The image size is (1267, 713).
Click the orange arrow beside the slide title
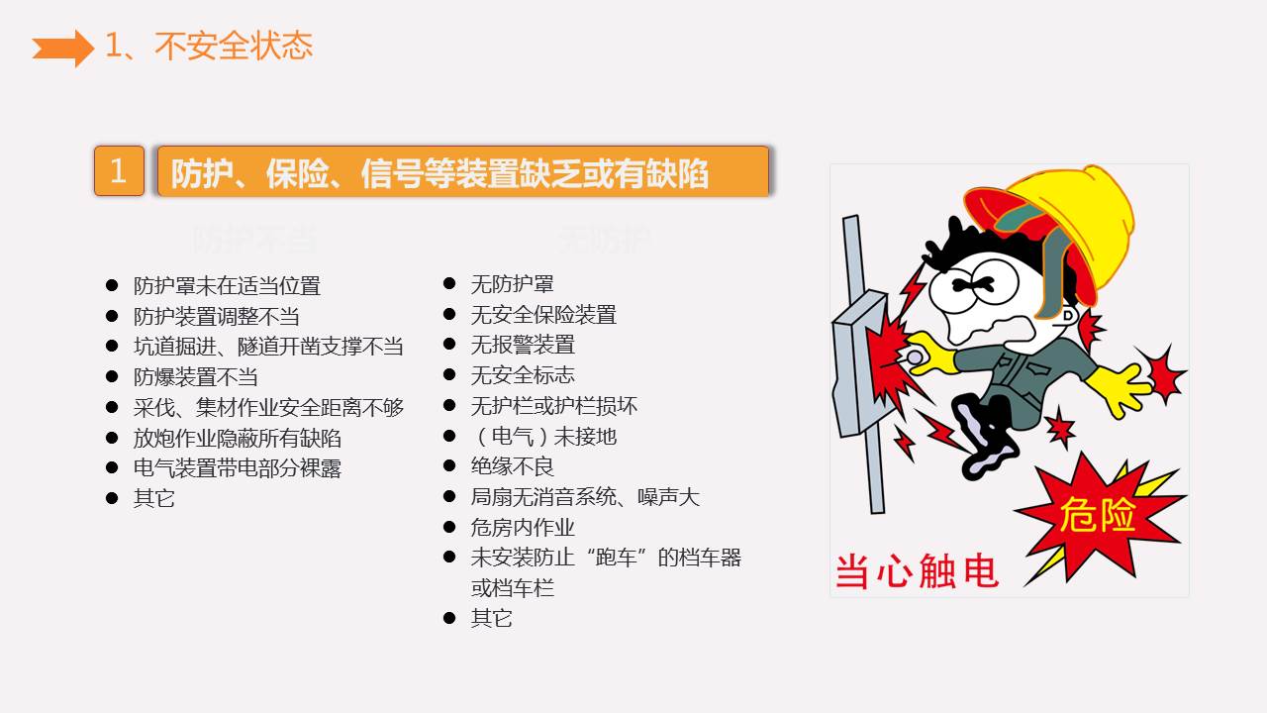click(62, 48)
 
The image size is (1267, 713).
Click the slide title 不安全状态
click(209, 46)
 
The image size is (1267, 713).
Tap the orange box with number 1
click(119, 171)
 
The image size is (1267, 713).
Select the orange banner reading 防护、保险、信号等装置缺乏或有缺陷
click(463, 172)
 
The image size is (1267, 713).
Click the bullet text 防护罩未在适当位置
click(227, 286)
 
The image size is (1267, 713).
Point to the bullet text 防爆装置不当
click(196, 377)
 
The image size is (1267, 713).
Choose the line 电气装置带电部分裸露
click(238, 468)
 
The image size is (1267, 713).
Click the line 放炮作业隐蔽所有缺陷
click(238, 438)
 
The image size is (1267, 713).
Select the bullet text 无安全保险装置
click(543, 315)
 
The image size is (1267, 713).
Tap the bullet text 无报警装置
click(523, 345)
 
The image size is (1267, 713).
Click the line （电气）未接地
click(543, 436)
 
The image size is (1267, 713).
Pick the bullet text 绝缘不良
click(512, 466)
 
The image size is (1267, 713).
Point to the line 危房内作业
click(523, 527)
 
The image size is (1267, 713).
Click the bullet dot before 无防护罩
click(449, 284)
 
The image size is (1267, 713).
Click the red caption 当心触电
click(917, 572)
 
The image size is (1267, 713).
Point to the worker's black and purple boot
click(986, 436)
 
